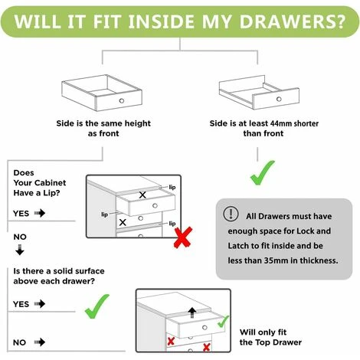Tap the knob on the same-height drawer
pos(122,100)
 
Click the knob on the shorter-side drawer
pos(279,99)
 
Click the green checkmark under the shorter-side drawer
pos(262,172)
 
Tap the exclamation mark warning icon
pos(231,214)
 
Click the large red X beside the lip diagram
pos(183,237)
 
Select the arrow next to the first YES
pos(40,213)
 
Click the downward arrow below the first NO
pos(20,250)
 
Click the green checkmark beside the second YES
pos(97,306)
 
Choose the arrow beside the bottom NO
pos(40,342)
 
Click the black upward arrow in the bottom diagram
pos(192,313)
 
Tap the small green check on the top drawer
pos(223,322)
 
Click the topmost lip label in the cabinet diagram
pos(172,187)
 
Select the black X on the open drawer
pos(142,195)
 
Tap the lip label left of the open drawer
pos(104,214)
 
